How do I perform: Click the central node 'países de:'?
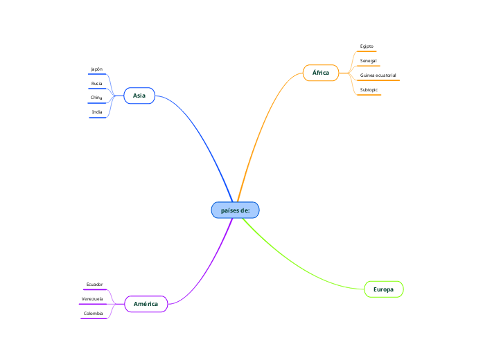(235, 210)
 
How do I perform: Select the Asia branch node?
(139, 96)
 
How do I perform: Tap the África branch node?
(320, 72)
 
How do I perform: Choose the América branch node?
(146, 304)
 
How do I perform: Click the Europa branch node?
(383, 289)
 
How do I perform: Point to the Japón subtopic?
(97, 69)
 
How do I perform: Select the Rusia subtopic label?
(97, 84)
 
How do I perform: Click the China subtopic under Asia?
(97, 98)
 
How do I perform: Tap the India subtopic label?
(97, 111)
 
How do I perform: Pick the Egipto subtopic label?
(367, 46)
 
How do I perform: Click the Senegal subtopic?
(368, 61)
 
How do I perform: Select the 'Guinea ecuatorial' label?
(378, 75)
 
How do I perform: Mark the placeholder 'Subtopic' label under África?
(369, 90)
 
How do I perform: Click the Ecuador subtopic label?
(94, 285)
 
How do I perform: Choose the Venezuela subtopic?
(92, 299)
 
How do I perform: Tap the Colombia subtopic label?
(94, 314)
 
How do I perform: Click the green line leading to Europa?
(298, 267)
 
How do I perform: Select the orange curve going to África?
(259, 132)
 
